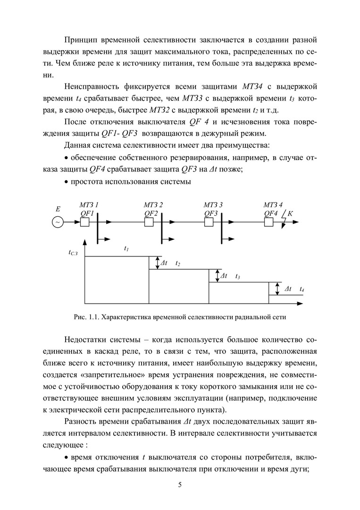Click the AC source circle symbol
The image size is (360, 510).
58,221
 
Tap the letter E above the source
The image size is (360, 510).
58,208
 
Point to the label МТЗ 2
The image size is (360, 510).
153,204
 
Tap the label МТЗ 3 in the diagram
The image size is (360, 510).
213,204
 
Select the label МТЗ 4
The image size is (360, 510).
273,204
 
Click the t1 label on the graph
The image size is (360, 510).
126,248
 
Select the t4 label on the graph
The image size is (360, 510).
302,289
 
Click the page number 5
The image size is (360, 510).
180,484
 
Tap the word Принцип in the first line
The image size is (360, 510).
80,38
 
